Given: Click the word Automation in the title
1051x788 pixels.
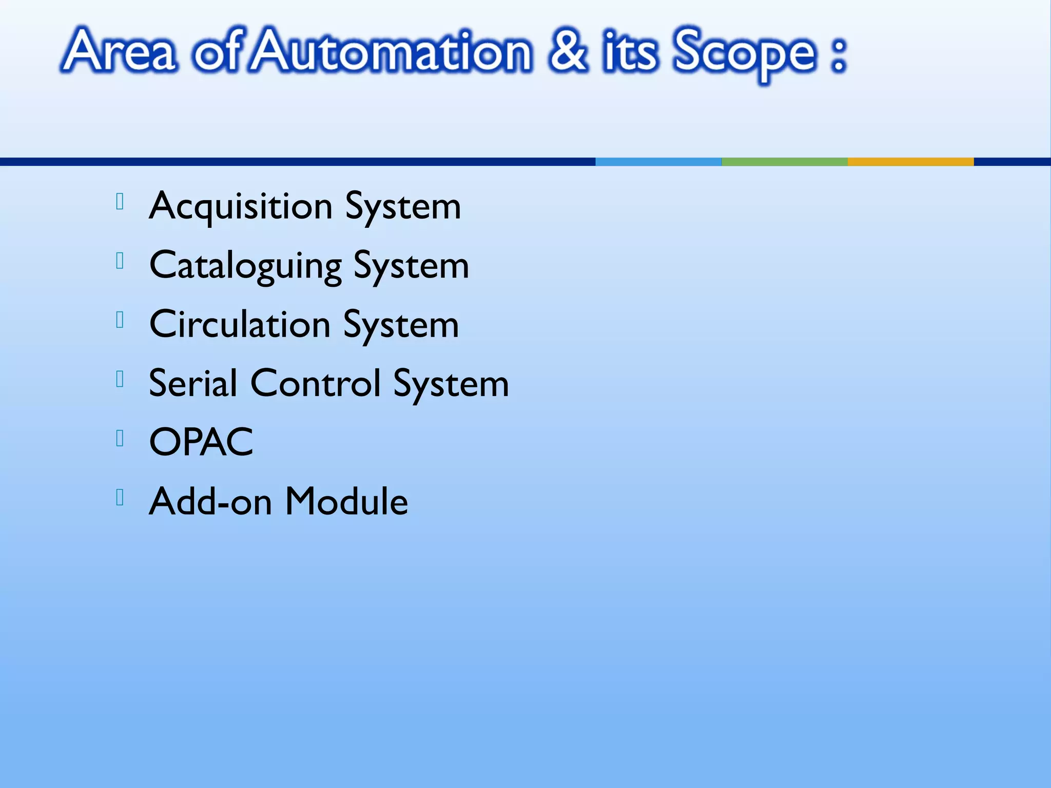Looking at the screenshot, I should tap(393, 52).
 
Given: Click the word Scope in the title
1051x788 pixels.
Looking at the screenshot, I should tap(744, 54).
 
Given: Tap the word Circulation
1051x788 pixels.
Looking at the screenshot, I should tap(240, 325).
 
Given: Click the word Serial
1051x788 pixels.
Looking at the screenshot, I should tap(193, 383).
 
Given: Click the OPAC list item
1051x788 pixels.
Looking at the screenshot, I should tap(201, 442).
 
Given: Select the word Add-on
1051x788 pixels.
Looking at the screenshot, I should tap(210, 501).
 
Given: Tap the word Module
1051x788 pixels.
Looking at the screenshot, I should tap(346, 501).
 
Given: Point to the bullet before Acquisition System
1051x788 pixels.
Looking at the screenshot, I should tap(120, 202).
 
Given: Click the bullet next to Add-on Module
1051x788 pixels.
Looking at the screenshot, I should tap(120, 498).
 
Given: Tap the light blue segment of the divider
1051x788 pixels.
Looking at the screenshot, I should tap(658, 162).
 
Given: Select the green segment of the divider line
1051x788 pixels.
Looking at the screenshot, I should tap(784, 162).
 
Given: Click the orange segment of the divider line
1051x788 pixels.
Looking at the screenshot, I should tap(910, 162).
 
